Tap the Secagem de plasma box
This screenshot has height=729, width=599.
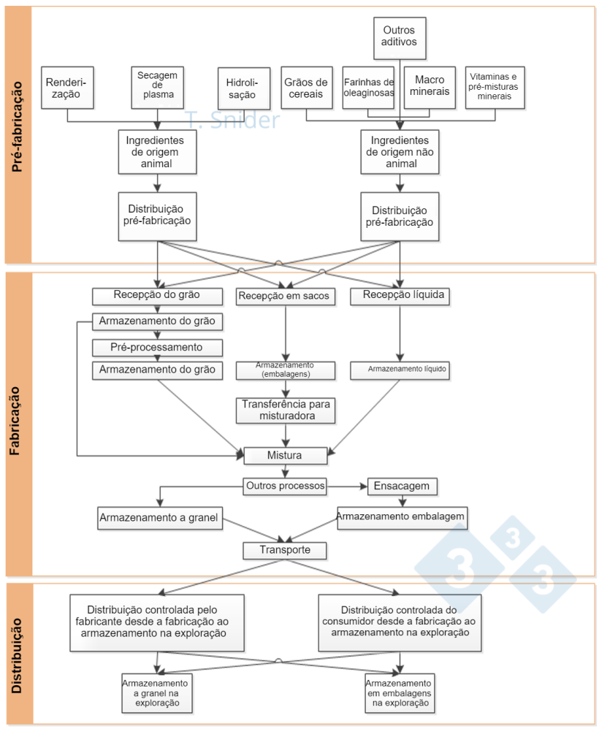click(157, 88)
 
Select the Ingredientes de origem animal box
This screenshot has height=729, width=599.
click(157, 152)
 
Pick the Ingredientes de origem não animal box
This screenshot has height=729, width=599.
click(400, 152)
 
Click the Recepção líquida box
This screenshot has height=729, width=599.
click(398, 296)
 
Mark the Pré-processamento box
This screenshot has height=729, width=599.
click(157, 346)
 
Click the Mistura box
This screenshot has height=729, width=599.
click(284, 456)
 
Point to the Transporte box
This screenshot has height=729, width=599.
click(284, 550)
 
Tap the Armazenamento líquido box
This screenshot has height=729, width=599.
click(399, 370)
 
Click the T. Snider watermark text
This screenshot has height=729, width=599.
click(232, 120)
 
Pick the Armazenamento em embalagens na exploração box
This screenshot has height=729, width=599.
click(400, 692)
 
